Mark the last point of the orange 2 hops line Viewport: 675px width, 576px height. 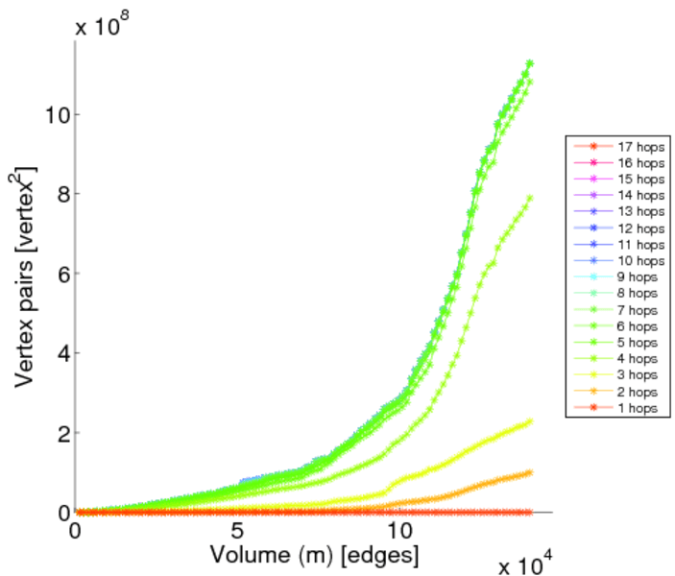[529, 472]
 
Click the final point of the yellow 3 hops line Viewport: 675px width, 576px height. [529, 420]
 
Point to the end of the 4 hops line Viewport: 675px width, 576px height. [529, 199]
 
